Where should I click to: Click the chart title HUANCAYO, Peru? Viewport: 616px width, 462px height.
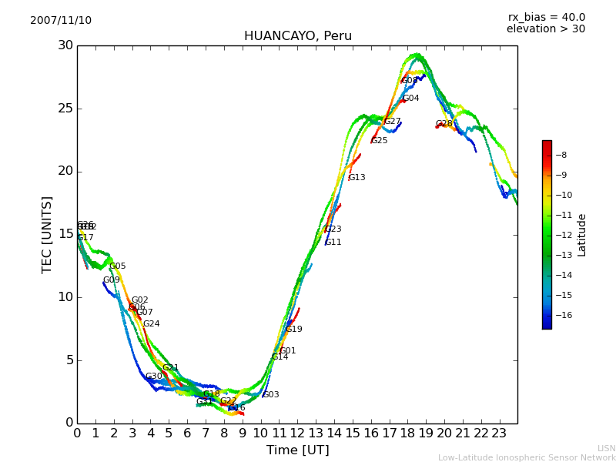[297, 36]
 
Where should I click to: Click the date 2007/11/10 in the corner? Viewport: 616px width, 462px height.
[61, 21]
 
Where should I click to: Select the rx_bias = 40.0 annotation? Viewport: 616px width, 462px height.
[546, 18]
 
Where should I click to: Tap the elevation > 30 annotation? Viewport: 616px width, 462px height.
[545, 29]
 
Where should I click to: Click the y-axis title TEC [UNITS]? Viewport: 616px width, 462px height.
[47, 234]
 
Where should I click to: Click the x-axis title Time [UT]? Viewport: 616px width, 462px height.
[297, 450]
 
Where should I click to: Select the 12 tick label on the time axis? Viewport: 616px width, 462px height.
[297, 433]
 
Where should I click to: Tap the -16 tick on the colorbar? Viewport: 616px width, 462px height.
[561, 315]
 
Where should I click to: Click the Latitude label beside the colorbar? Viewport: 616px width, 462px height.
[582, 235]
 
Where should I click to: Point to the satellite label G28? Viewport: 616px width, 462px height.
[444, 124]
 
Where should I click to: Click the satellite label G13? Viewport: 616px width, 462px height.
[357, 178]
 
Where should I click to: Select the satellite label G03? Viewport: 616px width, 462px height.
[271, 395]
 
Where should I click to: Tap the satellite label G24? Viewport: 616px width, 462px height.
[152, 324]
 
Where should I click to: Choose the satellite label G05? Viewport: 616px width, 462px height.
[117, 266]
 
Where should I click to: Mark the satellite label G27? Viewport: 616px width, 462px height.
[393, 122]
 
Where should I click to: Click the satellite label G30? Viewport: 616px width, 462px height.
[154, 377]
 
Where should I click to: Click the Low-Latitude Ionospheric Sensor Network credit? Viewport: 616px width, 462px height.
[527, 457]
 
